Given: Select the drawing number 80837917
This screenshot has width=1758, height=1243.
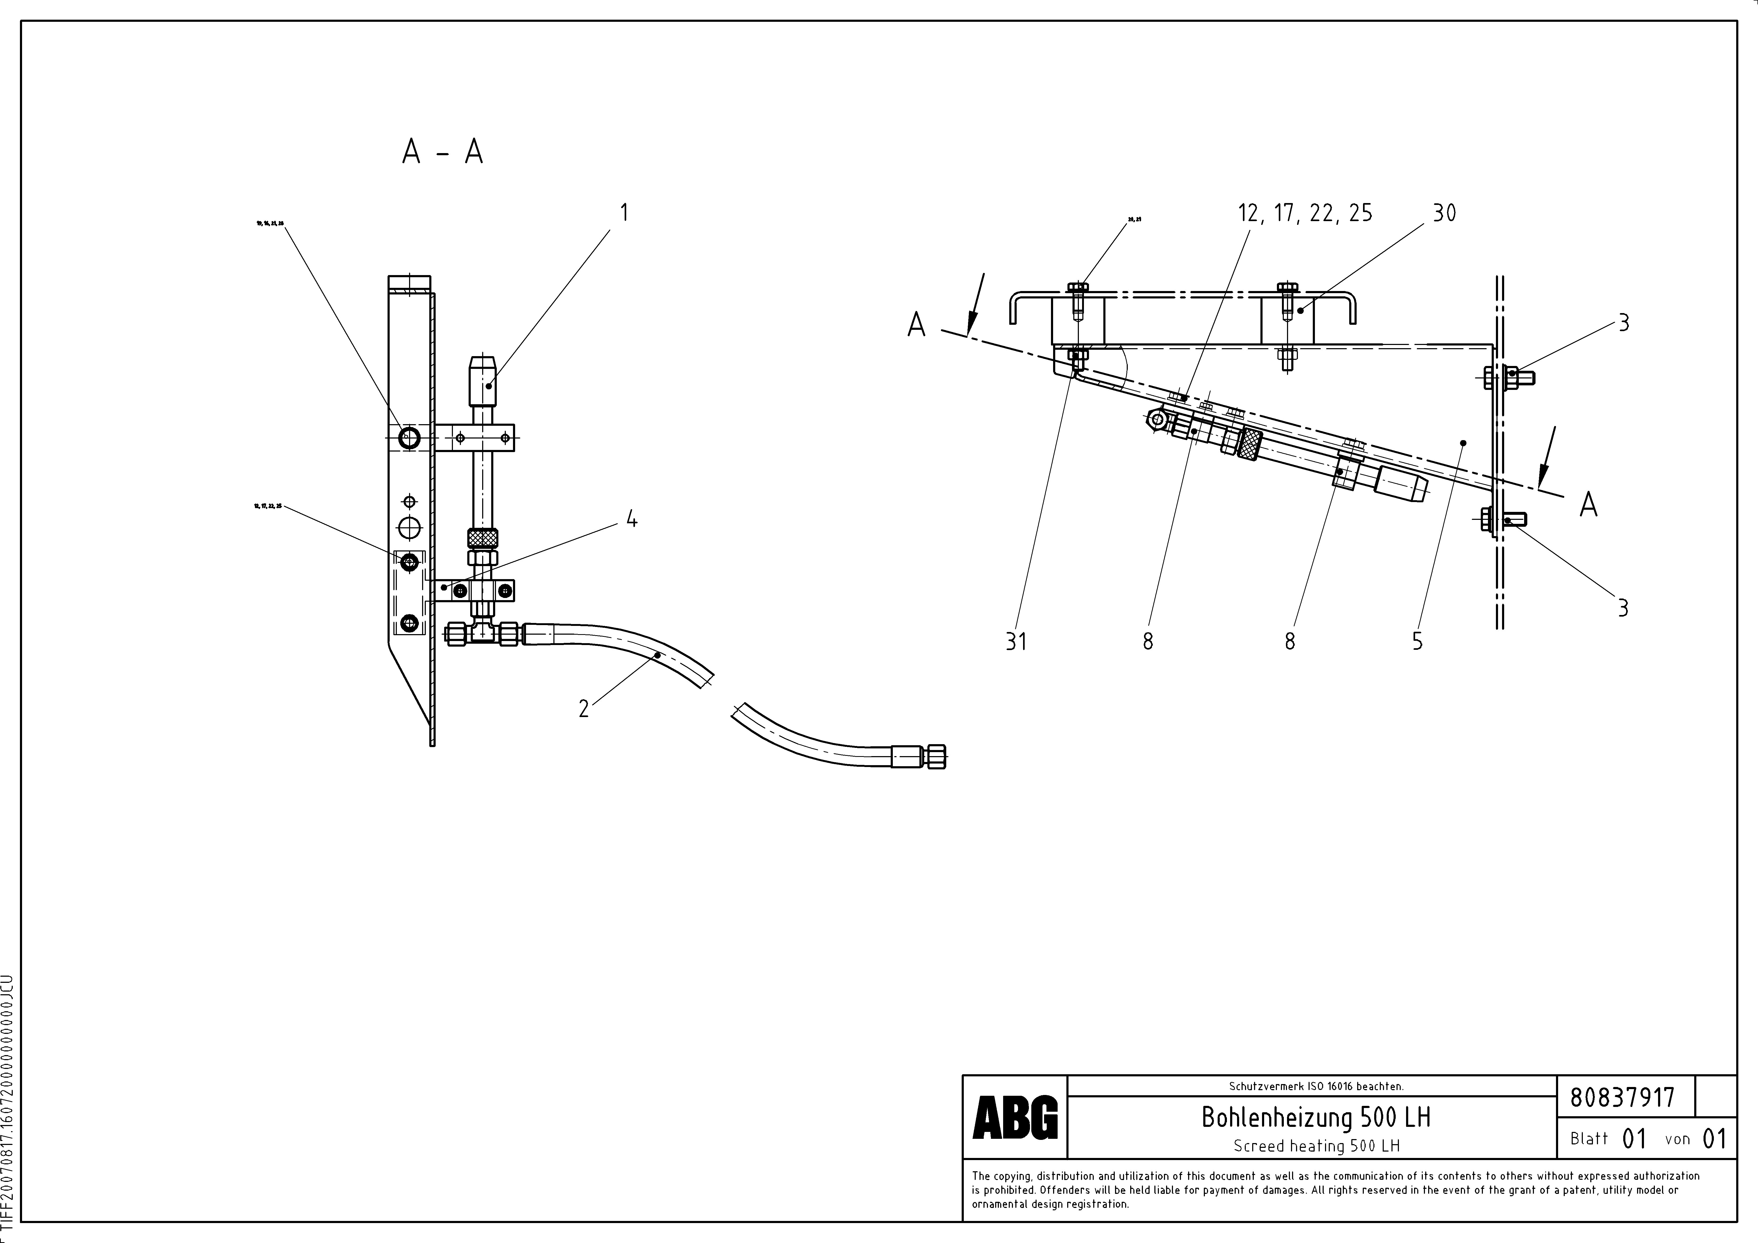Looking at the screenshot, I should tap(1622, 1098).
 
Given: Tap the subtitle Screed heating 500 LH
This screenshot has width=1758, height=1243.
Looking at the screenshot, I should tap(1316, 1146).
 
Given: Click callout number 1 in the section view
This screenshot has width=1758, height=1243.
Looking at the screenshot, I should tap(624, 213).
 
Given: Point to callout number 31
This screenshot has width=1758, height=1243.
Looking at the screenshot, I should tap(1016, 641).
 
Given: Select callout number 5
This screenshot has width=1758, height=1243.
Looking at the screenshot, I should tap(1417, 641).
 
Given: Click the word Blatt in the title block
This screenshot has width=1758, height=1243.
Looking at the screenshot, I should tap(1589, 1139).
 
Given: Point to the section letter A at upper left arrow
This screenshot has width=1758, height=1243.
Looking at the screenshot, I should tap(916, 325).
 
